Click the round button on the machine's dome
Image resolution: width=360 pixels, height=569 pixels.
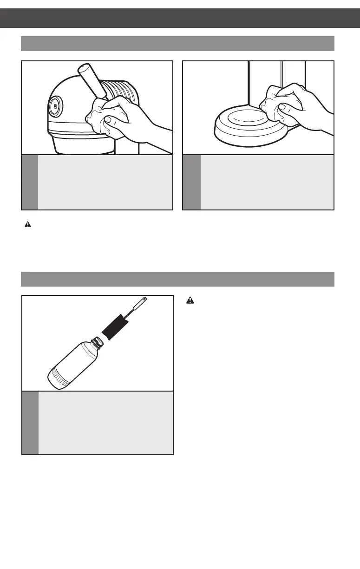(55, 106)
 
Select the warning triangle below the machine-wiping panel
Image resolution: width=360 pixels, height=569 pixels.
(27, 224)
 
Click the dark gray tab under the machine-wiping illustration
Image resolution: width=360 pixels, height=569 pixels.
(30, 182)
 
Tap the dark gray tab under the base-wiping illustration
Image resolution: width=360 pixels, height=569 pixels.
(191, 182)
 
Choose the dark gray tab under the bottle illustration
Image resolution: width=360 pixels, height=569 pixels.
(30, 423)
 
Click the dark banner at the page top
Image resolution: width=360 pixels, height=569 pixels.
(180, 18)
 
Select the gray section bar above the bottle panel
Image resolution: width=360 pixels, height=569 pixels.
(178, 280)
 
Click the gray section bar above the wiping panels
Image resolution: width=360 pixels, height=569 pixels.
(178, 43)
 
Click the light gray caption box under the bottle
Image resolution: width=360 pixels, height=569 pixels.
(105, 423)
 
